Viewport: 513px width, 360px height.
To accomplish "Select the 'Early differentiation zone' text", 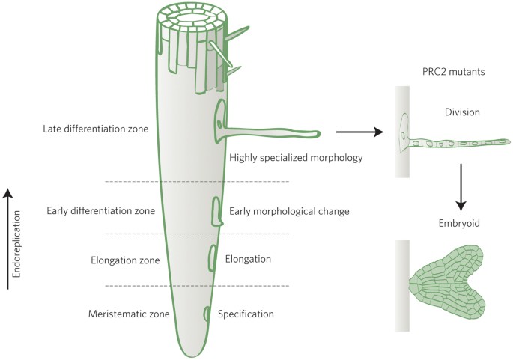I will pos(100,211).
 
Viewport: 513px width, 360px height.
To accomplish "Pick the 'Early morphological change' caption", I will pos(289,211).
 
